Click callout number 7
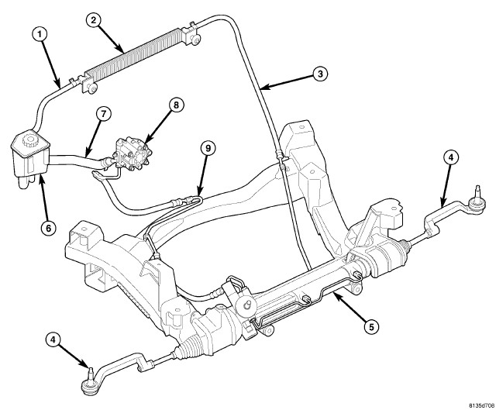click(x=101, y=112)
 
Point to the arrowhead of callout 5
click(x=329, y=291)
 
